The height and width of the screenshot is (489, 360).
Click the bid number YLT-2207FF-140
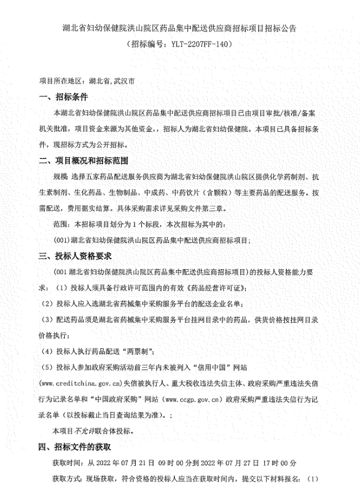pos(195,43)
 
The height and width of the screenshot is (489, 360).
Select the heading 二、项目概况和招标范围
pos(83,162)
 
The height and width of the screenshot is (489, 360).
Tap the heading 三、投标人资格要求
pos(75,256)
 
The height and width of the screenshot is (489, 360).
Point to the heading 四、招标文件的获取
pos(75,446)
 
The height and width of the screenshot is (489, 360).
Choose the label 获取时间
pos(66,462)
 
